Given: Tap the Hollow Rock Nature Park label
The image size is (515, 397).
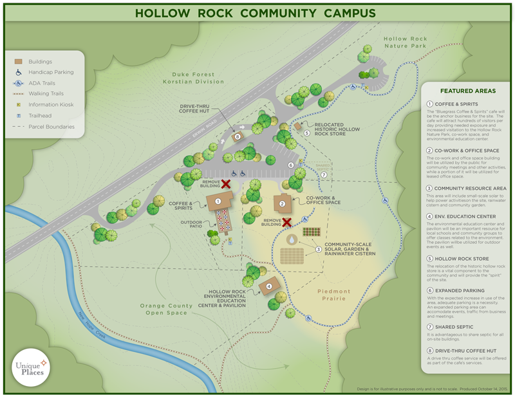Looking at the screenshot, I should coord(406,43).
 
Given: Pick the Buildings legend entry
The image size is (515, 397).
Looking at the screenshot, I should coord(40,62).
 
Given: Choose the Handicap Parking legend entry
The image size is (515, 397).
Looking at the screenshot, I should coord(50,73).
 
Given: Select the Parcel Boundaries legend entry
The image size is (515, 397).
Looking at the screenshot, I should coord(51,127).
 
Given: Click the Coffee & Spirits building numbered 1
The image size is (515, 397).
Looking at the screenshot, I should coord(220,201).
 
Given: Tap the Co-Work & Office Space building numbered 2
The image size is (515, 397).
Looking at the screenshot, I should coord(283,203).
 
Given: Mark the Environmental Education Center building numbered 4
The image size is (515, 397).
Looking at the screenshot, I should coord(269,286).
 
